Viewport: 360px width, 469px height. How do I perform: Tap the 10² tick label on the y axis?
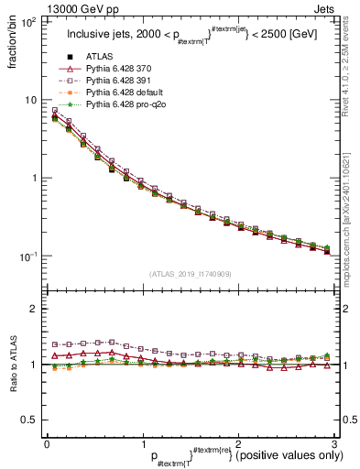(27, 22)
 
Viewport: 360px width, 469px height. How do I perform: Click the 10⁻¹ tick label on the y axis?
(27, 256)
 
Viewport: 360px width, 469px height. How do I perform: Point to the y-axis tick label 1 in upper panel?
(33, 178)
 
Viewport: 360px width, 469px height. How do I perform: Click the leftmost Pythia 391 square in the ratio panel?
(55, 344)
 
